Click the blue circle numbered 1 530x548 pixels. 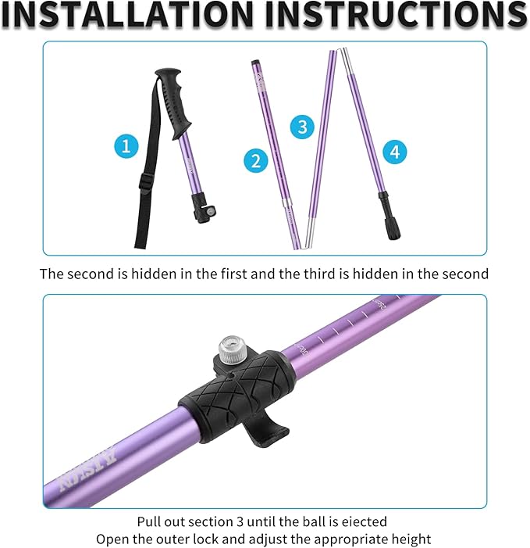click(127, 145)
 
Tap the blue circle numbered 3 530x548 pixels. click(302, 126)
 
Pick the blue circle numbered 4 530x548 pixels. click(394, 152)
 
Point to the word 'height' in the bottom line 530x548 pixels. click(411, 539)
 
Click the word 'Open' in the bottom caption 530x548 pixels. click(113, 539)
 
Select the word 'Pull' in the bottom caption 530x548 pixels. click(150, 521)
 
